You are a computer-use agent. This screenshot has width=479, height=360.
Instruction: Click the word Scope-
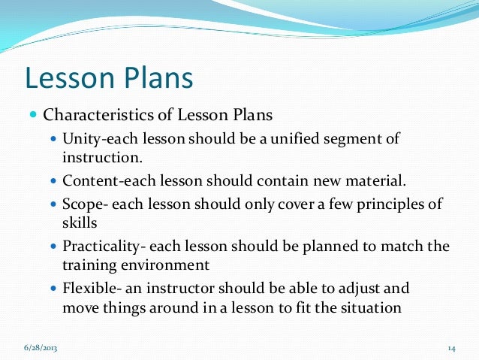coord(85,205)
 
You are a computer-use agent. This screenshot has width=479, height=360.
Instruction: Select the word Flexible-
coord(92,289)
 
